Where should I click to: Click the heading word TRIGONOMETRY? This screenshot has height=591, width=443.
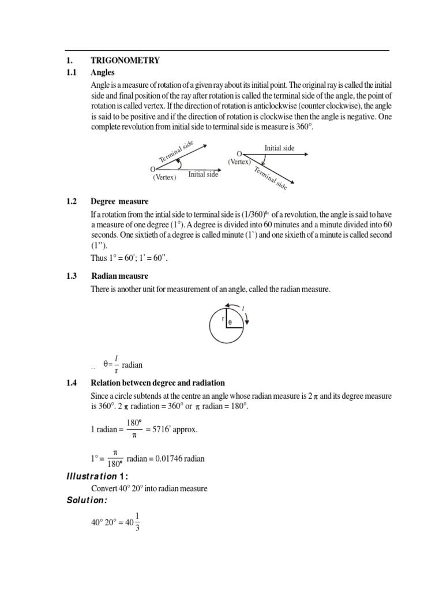(x=125, y=60)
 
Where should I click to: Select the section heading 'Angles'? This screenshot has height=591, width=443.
(x=103, y=73)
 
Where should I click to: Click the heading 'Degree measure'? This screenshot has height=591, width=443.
(x=119, y=201)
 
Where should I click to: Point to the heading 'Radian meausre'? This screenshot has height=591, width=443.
(x=119, y=276)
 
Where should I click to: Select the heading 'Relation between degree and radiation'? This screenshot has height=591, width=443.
(x=157, y=383)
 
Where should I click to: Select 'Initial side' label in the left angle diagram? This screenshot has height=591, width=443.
(x=203, y=174)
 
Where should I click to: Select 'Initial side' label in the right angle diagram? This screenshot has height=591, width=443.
(x=279, y=148)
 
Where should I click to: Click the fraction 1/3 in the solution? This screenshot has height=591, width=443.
(x=136, y=523)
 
